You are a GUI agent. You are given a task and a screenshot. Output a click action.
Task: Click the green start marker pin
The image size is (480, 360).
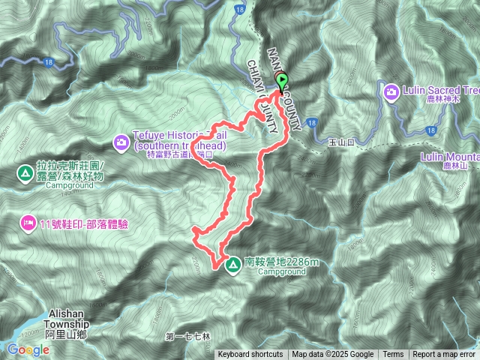tap(283, 82)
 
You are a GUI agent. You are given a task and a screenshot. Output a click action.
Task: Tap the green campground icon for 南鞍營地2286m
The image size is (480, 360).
tap(232, 265)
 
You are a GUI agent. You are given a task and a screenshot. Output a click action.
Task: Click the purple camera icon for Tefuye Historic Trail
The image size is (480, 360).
tap(121, 141)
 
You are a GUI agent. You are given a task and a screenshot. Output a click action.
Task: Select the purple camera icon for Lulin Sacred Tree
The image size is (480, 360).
tap(391, 91)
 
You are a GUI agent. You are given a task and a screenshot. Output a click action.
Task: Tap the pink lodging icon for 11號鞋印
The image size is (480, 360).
tap(28, 222)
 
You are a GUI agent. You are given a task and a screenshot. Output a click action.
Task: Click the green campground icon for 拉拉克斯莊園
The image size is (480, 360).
tap(25, 174)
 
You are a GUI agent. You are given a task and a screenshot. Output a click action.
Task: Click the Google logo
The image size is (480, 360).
tap(28, 349)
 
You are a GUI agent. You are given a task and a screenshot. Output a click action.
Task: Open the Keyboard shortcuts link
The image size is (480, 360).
tap(250, 355)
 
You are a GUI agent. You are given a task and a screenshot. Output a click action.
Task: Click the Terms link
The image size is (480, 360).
tap(393, 355)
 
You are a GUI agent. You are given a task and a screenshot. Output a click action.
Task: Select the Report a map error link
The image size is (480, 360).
tap(444, 355)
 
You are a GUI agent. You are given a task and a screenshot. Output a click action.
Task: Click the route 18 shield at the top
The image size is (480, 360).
tap(239, 8)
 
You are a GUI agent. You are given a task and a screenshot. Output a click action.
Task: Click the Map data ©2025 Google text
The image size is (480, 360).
tap(333, 355)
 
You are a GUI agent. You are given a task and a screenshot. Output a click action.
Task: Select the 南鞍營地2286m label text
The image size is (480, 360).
tap(281, 262)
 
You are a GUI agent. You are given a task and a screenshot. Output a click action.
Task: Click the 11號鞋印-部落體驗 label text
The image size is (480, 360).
tap(84, 223)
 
